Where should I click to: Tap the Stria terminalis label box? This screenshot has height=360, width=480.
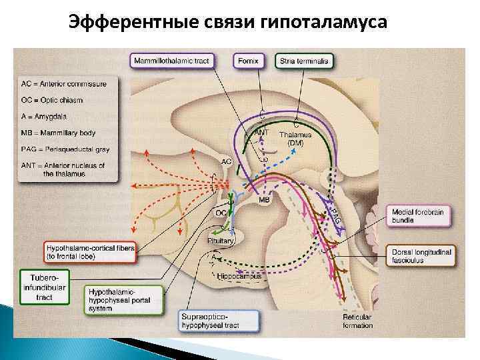tap(304, 61)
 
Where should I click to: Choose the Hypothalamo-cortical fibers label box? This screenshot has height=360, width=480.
tap(91, 251)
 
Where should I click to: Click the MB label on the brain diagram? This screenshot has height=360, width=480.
tap(264, 200)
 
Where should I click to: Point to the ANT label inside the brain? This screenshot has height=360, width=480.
tap(263, 133)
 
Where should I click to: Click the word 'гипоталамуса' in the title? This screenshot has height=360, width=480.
tap(327, 23)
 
